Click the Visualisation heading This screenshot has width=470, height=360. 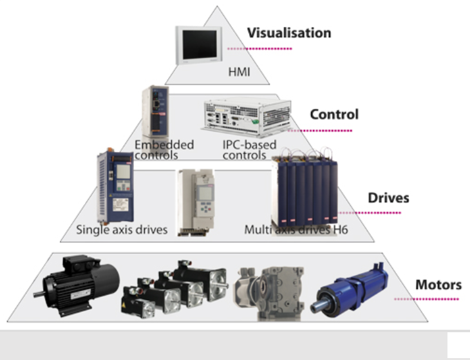[290, 33]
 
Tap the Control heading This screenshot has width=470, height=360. [334, 115]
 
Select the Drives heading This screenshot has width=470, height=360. [388, 197]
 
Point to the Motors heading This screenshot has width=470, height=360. [438, 285]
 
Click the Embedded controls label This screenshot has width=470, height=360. [164, 149]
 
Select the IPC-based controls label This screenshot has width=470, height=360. [245, 149]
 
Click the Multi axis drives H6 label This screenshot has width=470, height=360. [296, 229]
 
